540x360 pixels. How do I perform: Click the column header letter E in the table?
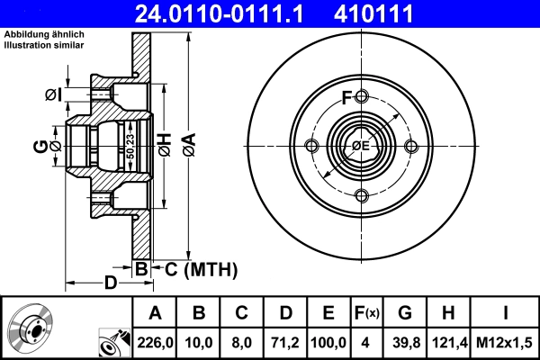(328, 312)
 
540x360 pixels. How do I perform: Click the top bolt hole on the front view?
(361, 97)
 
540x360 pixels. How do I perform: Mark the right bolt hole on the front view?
(410, 147)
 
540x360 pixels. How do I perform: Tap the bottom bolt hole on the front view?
(361, 196)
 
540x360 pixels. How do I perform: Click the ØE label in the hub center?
(361, 146)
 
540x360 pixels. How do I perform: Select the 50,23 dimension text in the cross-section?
(131, 145)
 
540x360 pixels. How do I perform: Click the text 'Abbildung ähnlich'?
(45, 33)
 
